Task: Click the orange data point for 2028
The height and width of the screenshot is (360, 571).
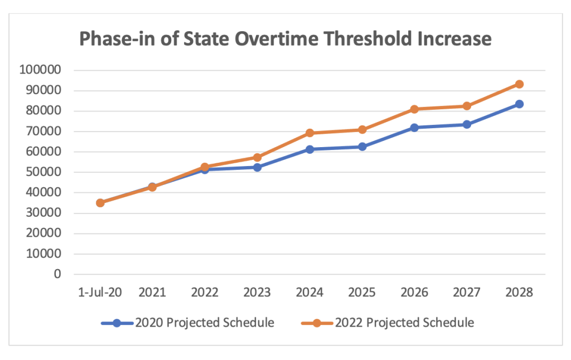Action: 519,84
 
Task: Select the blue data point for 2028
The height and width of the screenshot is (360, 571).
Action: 519,104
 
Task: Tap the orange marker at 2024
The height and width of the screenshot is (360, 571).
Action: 309,133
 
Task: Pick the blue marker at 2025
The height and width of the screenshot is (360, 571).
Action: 362,147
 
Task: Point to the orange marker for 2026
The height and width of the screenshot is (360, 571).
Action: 414,109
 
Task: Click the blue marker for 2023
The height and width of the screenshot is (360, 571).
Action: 257,167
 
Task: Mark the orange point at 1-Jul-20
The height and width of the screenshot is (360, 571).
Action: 100,203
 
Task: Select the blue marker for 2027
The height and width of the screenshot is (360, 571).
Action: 467,124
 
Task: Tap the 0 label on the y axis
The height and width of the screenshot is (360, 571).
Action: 56,274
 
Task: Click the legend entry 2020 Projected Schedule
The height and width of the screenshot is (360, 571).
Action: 204,323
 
